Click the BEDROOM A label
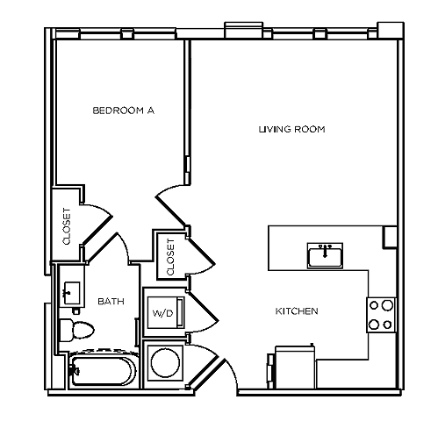click(x=123, y=111)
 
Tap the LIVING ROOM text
click(x=292, y=129)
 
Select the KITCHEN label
click(x=297, y=311)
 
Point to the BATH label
click(x=111, y=301)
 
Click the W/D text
click(x=162, y=313)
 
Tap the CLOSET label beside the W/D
click(x=170, y=253)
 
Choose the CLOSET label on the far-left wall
click(x=67, y=225)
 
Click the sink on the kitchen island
click(x=325, y=256)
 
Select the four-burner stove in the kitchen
click(x=380, y=314)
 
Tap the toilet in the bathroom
click(x=76, y=330)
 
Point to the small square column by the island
click(x=390, y=237)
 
